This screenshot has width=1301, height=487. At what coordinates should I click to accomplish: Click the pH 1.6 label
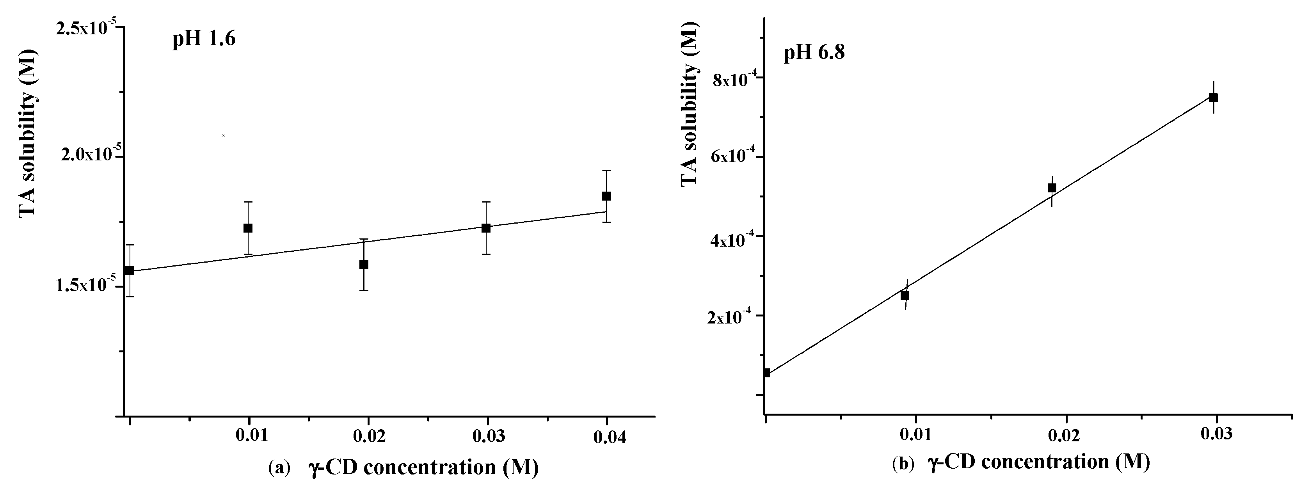pyautogui.click(x=204, y=39)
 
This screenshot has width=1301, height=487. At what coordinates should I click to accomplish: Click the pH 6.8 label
pyautogui.click(x=814, y=53)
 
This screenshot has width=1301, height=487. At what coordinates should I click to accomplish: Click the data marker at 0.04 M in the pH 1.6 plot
pyautogui.click(x=606, y=196)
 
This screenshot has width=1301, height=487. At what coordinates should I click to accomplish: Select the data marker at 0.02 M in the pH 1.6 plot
pyautogui.click(x=364, y=265)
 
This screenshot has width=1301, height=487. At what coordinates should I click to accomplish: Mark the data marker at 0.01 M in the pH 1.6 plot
pyautogui.click(x=248, y=228)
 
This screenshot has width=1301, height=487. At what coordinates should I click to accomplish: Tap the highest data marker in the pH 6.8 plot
pyautogui.click(x=1213, y=98)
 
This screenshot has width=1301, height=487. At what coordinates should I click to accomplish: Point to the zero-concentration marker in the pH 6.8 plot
pyautogui.click(x=767, y=373)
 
